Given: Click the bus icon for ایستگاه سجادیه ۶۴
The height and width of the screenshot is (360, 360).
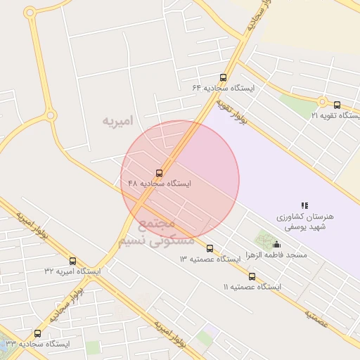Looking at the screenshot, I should coord(224,78).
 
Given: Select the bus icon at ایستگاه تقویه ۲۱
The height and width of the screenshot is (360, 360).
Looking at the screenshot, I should coord(336,105).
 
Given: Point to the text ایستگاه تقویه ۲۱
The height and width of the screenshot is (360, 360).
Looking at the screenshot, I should coord(335,115).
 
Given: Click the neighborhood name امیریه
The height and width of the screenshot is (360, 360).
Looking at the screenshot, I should coord(117,121).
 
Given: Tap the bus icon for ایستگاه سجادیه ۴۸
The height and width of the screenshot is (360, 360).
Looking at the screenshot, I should coord(160,172).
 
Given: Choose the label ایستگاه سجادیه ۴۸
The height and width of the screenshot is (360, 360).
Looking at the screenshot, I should coord(160,183).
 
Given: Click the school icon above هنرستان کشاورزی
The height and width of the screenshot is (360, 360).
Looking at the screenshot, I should coord(304,205).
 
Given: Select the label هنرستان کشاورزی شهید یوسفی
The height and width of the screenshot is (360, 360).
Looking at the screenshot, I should coord(304,222).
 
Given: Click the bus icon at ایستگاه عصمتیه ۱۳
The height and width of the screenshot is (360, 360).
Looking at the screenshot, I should coord(210,248).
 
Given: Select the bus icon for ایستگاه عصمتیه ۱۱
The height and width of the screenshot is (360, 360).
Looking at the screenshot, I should coord(252,276).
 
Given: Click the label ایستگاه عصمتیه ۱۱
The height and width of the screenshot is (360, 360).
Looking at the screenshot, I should coord(252,287).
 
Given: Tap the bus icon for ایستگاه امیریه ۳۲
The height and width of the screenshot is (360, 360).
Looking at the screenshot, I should coord(73,261).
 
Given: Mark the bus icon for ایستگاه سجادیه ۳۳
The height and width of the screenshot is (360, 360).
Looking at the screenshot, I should coord(37,333).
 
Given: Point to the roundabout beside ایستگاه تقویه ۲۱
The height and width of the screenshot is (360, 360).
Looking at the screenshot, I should coord(323,101).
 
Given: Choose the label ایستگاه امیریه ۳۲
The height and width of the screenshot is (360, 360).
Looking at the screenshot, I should coord(73,271).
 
